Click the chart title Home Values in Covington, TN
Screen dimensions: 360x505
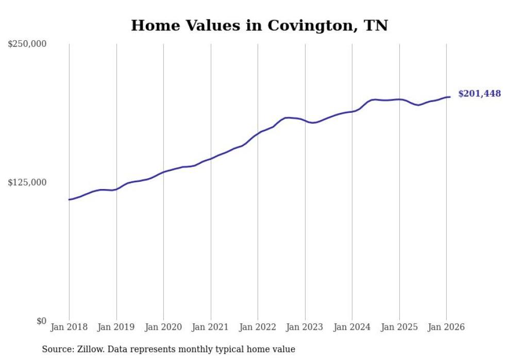(x=259, y=26)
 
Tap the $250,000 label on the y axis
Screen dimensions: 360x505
(x=27, y=44)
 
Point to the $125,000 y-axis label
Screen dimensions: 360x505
(x=27, y=182)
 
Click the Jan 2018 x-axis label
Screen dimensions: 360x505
(x=69, y=327)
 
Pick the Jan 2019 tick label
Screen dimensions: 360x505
(x=116, y=327)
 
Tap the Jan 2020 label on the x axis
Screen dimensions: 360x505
(x=163, y=327)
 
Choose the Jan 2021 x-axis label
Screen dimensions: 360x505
(x=211, y=327)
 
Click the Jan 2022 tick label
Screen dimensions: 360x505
(x=258, y=327)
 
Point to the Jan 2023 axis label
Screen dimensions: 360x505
(x=305, y=327)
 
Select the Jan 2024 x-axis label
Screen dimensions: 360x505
(x=352, y=327)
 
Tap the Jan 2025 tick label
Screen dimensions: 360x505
(x=399, y=327)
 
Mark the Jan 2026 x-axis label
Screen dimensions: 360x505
(x=446, y=327)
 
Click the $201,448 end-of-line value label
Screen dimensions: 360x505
(x=479, y=94)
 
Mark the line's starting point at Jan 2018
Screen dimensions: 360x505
(x=69, y=199)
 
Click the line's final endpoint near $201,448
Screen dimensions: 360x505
(x=450, y=97)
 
